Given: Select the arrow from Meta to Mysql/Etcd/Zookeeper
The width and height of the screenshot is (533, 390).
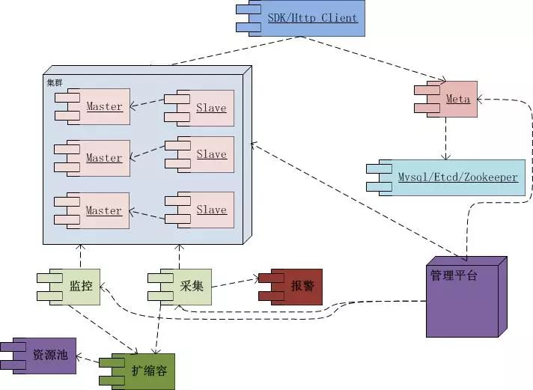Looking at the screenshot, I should click(446, 139).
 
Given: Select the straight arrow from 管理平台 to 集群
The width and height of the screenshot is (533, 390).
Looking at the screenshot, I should click(344, 199).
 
